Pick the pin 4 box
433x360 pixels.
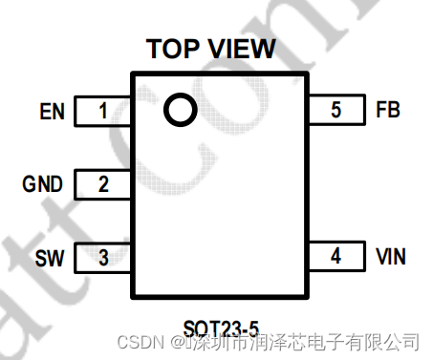(x=336, y=256)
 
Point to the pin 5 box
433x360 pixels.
(x=336, y=110)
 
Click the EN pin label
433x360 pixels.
(x=53, y=112)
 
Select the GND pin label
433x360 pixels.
(x=43, y=184)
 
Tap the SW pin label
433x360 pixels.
(x=49, y=258)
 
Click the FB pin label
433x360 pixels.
(x=388, y=110)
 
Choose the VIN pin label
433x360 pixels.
(x=391, y=256)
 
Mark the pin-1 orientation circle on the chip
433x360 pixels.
(x=179, y=111)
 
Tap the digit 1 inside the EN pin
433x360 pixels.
(x=103, y=111)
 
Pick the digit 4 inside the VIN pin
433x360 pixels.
(x=336, y=256)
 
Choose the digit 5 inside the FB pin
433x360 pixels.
(x=336, y=110)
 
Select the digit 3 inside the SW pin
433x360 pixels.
(x=103, y=257)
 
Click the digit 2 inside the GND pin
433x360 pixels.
(x=103, y=184)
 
